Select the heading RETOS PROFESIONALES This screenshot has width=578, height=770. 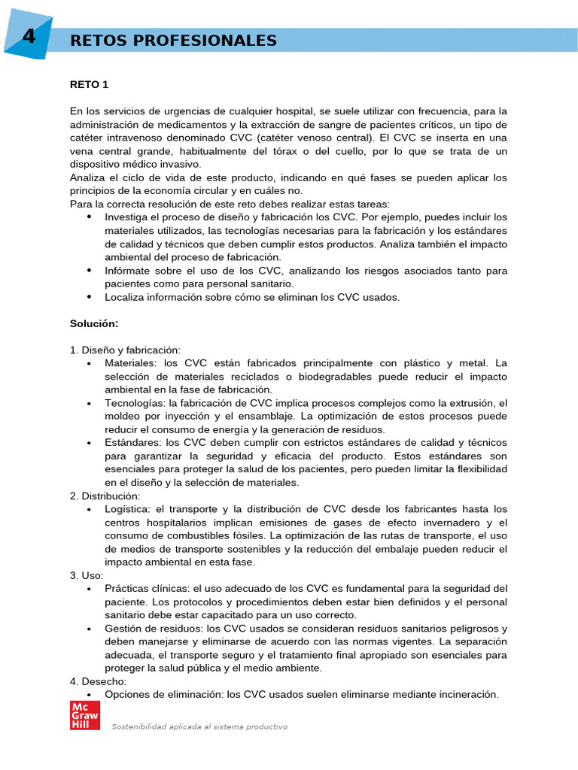click(173, 41)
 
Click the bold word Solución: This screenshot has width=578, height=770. click(94, 323)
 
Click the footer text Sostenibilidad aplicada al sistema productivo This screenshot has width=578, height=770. click(199, 727)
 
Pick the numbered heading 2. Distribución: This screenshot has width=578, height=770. click(105, 496)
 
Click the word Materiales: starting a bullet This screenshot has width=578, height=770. click(129, 363)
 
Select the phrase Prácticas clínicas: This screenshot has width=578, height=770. click(148, 588)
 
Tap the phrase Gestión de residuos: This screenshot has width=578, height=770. click(154, 628)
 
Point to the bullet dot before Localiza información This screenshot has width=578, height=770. click(90, 297)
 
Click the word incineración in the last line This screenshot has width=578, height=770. click(466, 694)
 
